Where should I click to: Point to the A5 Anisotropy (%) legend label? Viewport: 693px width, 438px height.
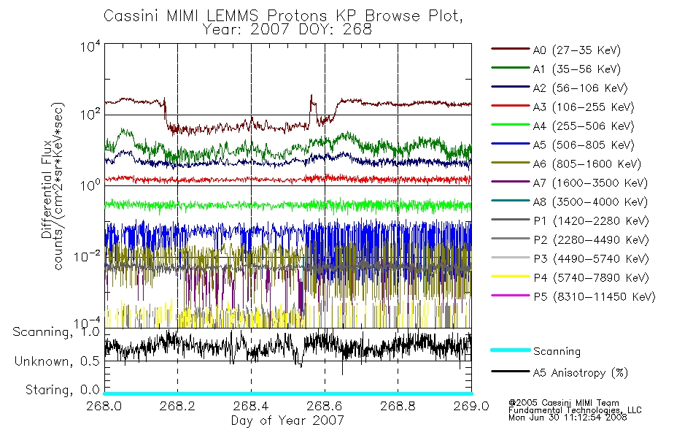pyautogui.click(x=580, y=373)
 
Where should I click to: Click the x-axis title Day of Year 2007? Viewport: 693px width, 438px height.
pyautogui.click(x=287, y=420)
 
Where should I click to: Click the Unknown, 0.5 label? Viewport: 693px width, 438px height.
pyautogui.click(x=55, y=361)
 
